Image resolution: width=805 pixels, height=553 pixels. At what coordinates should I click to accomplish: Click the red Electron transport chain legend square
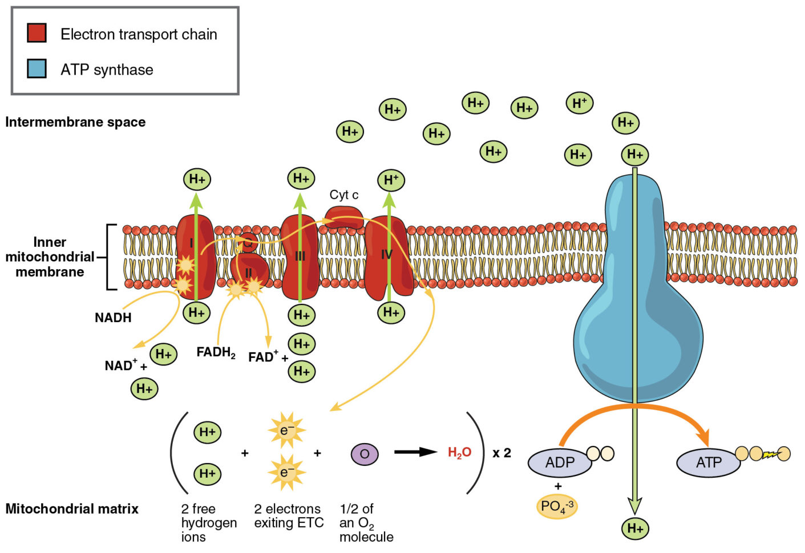37,33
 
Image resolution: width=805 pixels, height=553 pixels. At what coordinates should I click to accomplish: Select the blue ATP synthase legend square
37,68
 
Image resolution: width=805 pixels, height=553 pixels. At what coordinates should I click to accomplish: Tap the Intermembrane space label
75,122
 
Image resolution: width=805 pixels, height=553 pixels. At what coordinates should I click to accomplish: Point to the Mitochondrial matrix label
72,509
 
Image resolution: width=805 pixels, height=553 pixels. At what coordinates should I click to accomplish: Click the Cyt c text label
344,195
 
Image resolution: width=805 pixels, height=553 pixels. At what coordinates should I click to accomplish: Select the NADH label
113,318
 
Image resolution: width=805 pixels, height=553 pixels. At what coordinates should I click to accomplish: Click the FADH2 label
216,352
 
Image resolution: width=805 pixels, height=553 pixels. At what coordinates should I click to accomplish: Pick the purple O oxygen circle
365,454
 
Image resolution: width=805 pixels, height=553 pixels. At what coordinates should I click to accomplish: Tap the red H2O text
459,453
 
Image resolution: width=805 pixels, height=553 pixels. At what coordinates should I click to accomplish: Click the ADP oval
559,462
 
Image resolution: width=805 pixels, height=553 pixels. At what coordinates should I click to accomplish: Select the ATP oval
708,462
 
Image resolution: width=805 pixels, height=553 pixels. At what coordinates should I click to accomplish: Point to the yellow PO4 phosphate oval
557,506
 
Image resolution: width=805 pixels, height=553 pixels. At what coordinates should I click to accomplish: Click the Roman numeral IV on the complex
387,254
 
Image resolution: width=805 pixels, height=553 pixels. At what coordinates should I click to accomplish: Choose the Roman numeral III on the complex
300,257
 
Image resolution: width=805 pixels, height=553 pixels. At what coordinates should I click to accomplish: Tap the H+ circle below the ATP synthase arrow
635,528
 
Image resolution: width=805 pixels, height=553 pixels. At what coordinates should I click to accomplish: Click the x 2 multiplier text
502,453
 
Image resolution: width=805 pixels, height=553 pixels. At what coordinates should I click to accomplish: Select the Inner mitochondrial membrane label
50,257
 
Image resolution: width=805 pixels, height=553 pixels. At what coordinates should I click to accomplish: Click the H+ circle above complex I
197,179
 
